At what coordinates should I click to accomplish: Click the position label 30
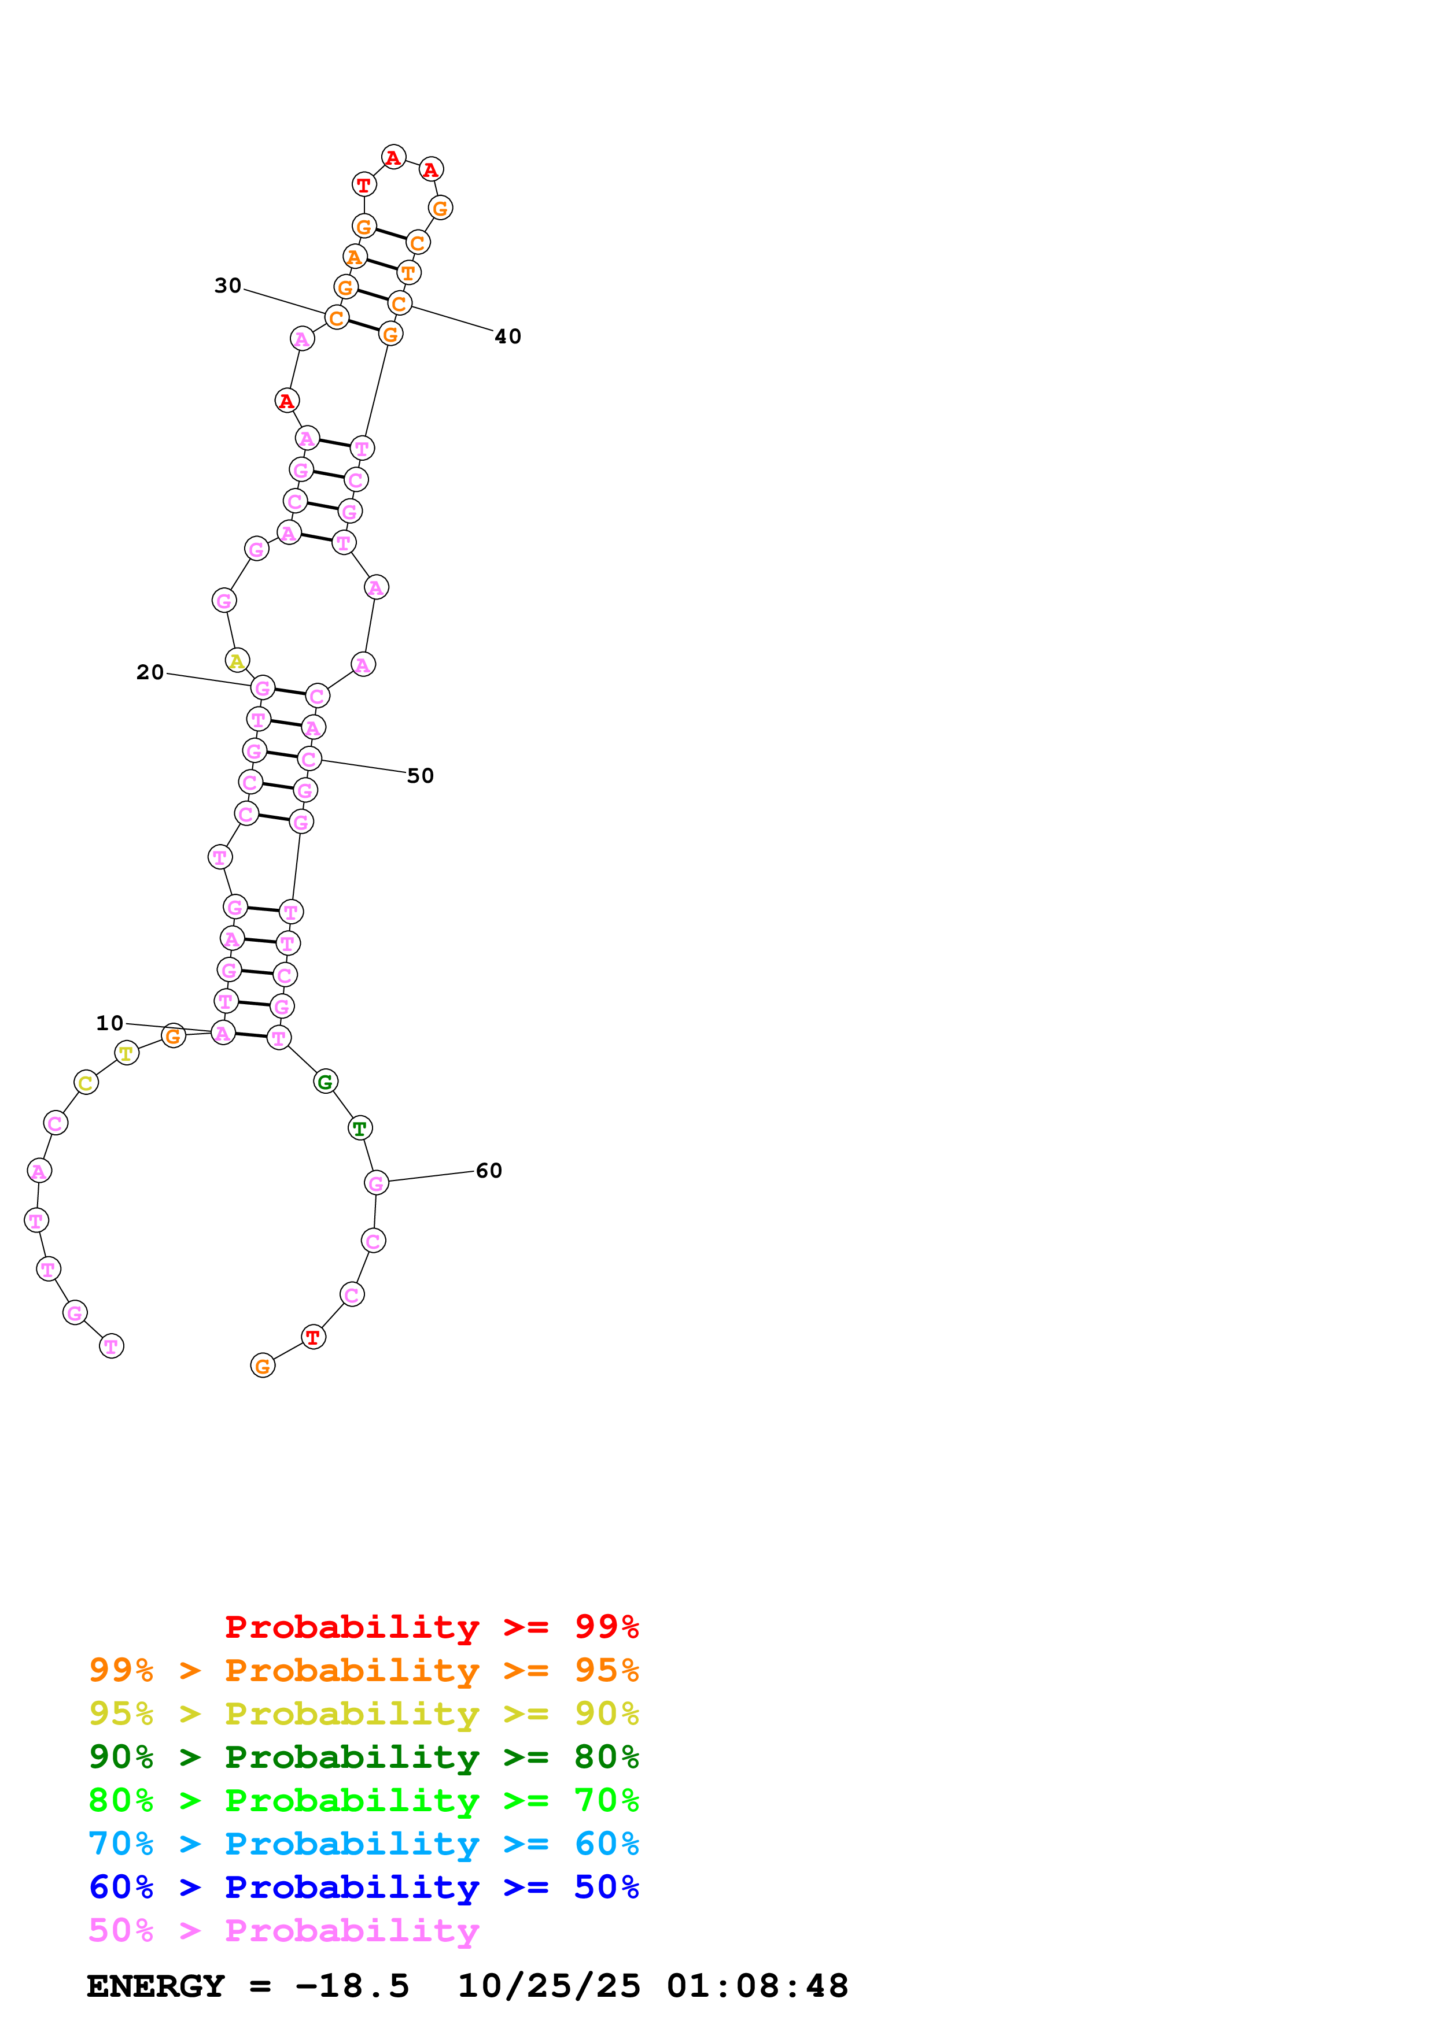[227, 286]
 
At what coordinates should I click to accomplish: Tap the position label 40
[507, 336]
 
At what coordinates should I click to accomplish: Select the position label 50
[420, 775]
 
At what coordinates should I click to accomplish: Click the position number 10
[109, 1023]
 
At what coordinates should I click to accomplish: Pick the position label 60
[489, 1170]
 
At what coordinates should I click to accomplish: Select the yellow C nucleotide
[86, 1083]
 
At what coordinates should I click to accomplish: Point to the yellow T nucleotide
[126, 1053]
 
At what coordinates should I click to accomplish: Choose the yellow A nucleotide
[237, 661]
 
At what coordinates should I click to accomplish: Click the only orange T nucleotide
[408, 273]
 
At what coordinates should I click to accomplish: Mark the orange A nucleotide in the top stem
[354, 257]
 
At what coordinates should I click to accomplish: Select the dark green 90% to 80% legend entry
[363, 1757]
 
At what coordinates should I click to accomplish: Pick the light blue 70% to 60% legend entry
[363, 1844]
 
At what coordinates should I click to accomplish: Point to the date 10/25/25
[549, 1986]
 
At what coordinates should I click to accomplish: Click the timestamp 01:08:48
[757, 1986]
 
